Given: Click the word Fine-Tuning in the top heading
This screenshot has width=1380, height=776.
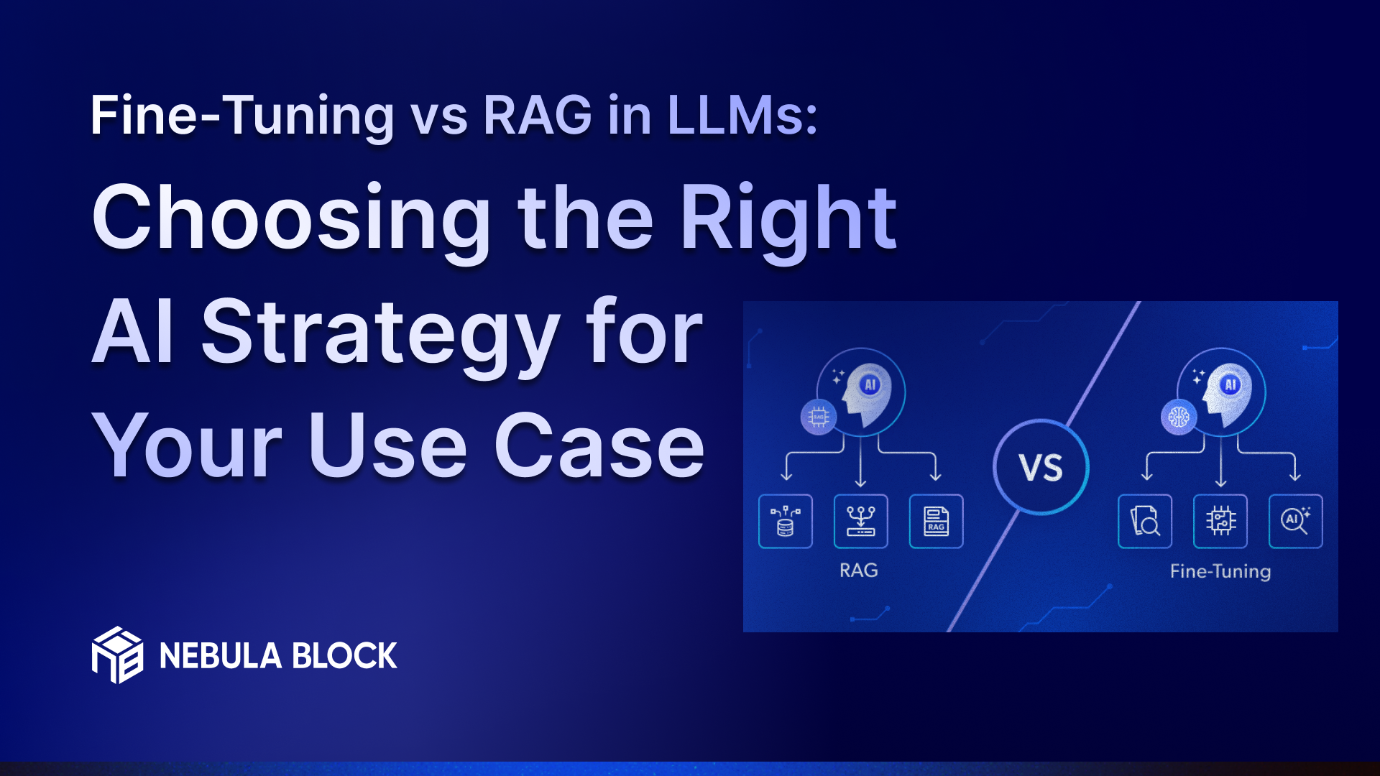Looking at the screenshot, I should click(x=241, y=115).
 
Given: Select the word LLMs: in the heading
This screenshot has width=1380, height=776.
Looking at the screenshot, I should click(x=742, y=115).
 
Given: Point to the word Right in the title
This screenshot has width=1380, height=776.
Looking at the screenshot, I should click(x=788, y=218).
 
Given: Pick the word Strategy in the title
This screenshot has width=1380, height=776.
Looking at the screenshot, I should click(x=379, y=333).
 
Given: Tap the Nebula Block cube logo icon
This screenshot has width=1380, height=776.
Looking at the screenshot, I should click(x=117, y=655).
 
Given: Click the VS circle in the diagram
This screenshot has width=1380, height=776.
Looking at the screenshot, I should click(x=1041, y=467).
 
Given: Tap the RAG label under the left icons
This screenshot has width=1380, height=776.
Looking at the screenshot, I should click(x=859, y=571).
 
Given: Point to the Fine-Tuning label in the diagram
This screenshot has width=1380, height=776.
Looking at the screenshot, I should click(x=1220, y=571).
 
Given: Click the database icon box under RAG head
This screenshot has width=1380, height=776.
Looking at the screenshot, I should click(x=786, y=521).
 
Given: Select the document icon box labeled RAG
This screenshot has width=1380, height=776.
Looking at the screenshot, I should click(x=936, y=521).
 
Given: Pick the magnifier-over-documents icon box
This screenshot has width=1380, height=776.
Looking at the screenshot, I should click(x=1145, y=521).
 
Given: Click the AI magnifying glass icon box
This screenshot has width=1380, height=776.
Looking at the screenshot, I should click(x=1295, y=521).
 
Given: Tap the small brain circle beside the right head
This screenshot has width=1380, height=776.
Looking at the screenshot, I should click(x=1179, y=417).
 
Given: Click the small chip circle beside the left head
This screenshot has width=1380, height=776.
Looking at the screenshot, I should click(x=819, y=417).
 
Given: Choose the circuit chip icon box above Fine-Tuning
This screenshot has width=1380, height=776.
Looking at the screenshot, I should click(x=1220, y=521).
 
